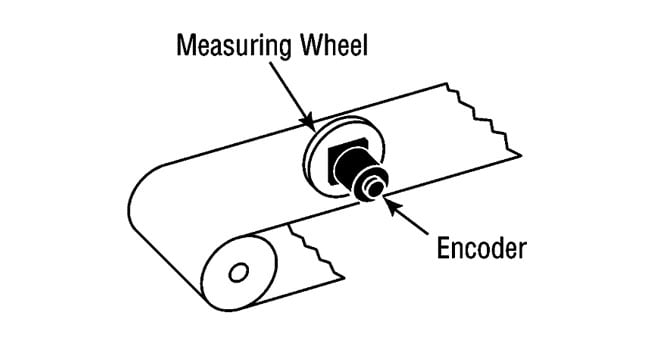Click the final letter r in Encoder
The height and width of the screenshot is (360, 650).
click(520, 250)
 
